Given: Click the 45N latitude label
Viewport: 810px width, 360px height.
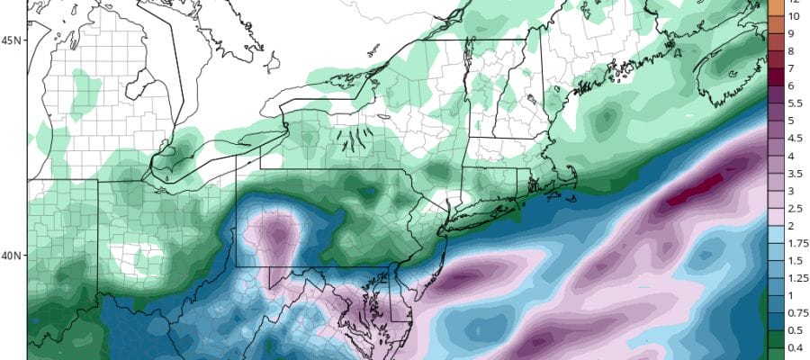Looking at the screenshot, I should pos(12,40).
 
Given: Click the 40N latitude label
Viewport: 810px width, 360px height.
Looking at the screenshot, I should pos(12,256).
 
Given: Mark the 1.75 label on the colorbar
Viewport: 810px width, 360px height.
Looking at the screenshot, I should pos(796,243).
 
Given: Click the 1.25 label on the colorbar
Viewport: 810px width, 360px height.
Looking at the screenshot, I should pos(796,278).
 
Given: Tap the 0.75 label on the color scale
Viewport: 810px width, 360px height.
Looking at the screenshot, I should pos(796,313).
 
